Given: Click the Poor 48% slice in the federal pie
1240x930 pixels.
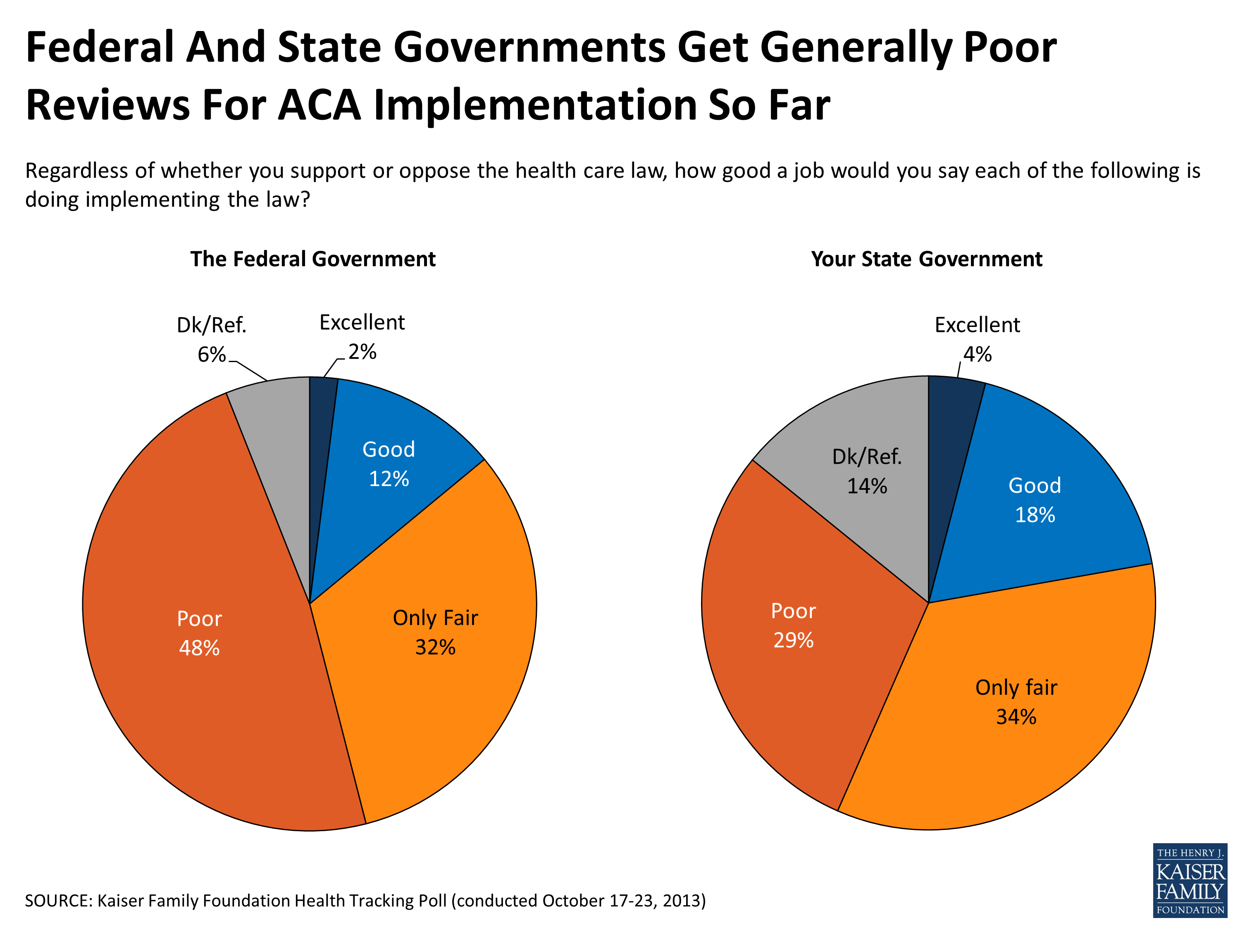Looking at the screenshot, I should point(199,634).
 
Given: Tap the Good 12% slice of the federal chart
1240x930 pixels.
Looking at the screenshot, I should point(389,464).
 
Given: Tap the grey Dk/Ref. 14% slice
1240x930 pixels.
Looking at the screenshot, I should point(867,471).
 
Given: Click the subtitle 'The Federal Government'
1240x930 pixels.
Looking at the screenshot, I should point(313,259).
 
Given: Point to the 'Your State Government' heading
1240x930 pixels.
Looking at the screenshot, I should point(927,259).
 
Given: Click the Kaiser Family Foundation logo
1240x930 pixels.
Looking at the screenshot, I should point(1190,880).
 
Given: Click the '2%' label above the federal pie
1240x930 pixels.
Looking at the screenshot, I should point(362,352).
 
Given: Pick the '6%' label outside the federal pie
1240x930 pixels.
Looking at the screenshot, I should point(211,354).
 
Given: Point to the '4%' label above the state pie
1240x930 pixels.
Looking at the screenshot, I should point(977,354).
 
